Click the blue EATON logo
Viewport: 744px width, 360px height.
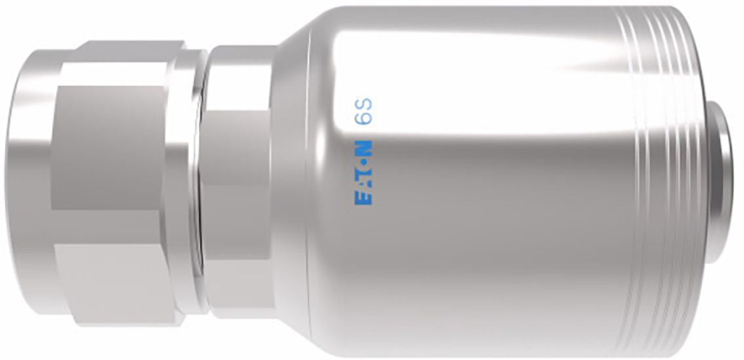tap(363, 171)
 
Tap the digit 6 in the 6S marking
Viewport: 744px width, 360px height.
tap(363, 118)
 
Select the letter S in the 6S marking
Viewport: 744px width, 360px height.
tap(363, 104)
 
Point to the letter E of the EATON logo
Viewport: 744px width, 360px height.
tap(363, 198)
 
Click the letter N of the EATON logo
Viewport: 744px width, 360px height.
tap(363, 146)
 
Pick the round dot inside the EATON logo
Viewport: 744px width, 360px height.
tap(363, 164)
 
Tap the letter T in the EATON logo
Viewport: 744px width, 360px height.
tap(363, 174)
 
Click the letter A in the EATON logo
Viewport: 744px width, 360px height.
tap(363, 186)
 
